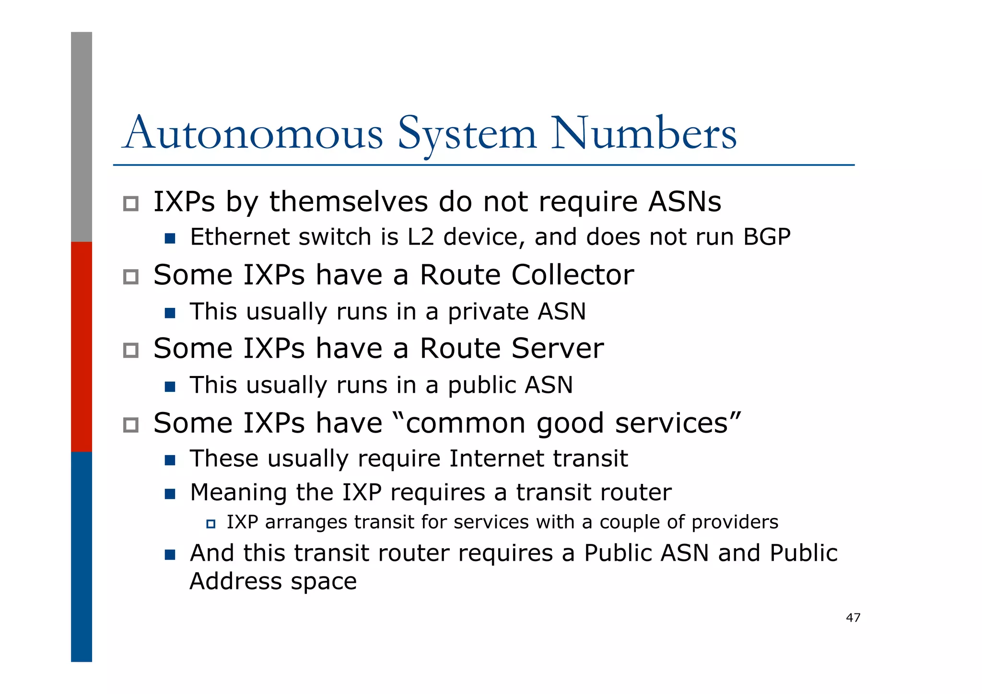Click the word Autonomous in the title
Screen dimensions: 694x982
pos(253,133)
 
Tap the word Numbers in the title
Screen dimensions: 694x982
pos(643,133)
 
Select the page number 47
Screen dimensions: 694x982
pos(853,618)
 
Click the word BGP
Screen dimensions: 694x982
pos(767,237)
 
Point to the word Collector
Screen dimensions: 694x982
pos(573,275)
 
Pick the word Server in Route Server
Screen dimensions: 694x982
pos(557,348)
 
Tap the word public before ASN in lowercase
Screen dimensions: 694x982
pos(481,386)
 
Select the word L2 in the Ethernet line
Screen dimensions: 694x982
pos(421,237)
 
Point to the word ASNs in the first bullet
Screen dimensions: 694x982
pos(684,202)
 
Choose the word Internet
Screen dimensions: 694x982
pos(497,459)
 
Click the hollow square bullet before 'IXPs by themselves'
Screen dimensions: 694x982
pos(131,204)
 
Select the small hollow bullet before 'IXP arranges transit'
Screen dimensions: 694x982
pos(210,524)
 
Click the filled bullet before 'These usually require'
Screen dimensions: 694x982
pos(170,460)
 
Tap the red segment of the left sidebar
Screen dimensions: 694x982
pos(82,346)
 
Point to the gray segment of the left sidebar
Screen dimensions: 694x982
pos(82,137)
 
